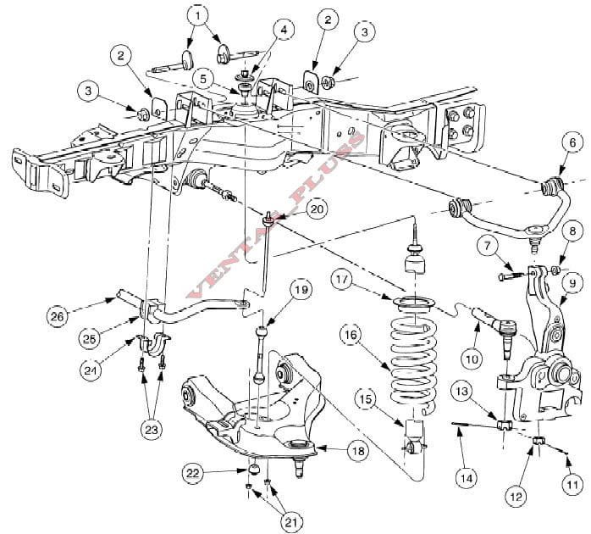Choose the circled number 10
pos(472,359)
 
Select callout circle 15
pos(365,398)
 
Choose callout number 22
pos(194,472)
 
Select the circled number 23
pos(151,430)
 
